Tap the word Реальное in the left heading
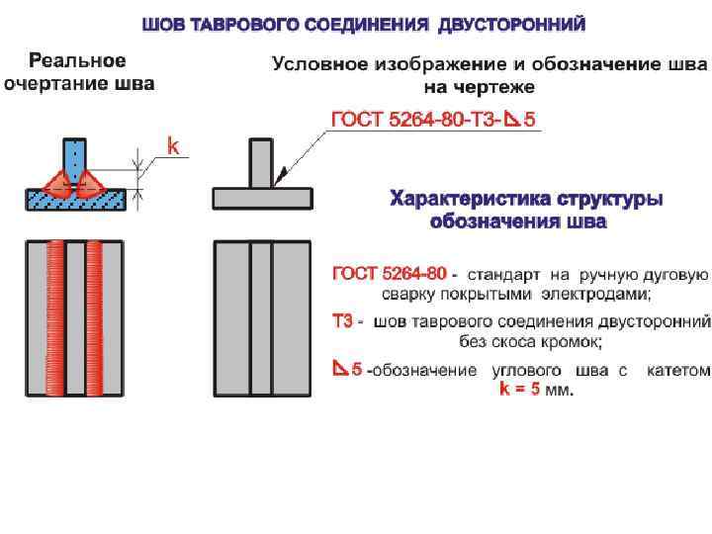click(77, 61)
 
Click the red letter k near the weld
click(172, 147)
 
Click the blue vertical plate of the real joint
click(75, 155)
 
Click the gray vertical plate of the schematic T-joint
click(261, 162)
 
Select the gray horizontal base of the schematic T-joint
click(261, 198)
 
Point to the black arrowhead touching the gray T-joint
click(280, 176)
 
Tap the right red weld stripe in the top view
click(95, 316)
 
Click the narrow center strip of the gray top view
click(261, 316)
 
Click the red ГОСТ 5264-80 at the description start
click(390, 272)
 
